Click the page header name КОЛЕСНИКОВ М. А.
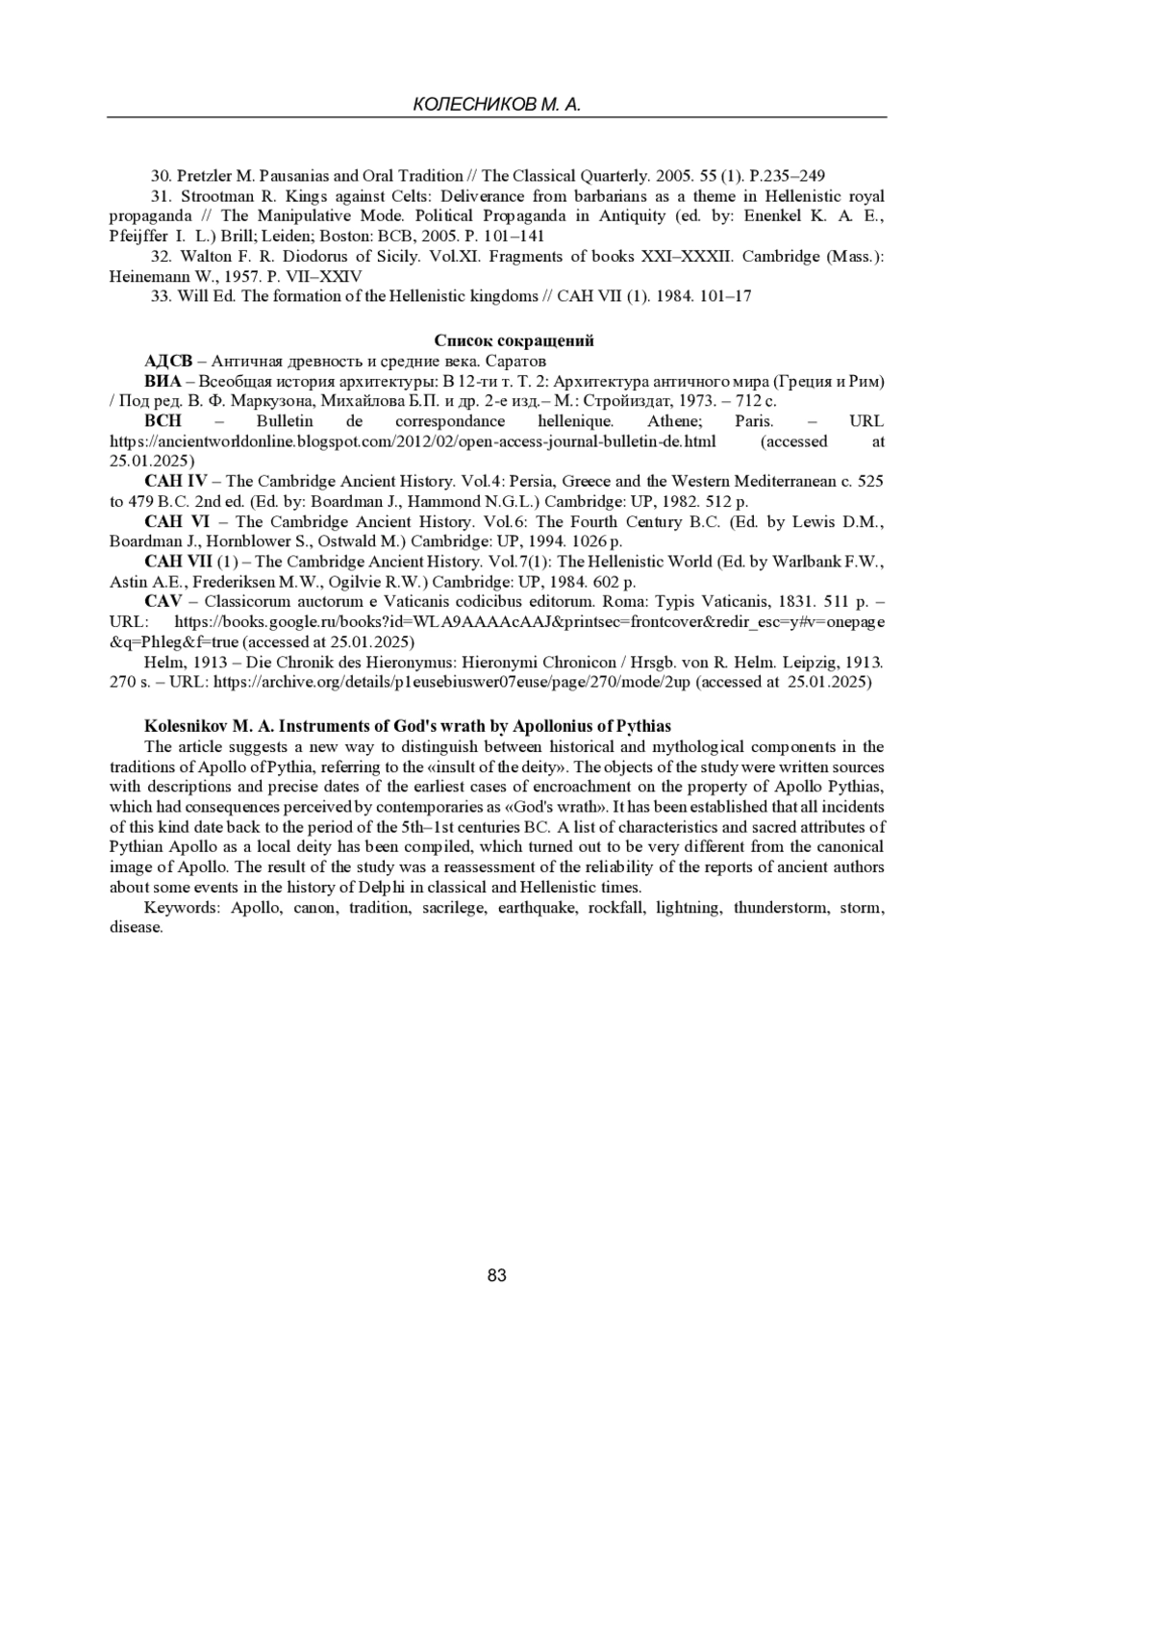tap(496, 105)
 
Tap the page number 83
tap(497, 1276)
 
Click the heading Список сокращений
tap(514, 340)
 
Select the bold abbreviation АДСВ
tap(168, 361)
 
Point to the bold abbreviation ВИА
tap(163, 381)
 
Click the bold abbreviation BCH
tap(163, 421)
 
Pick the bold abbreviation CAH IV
tap(175, 481)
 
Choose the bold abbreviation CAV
tap(163, 601)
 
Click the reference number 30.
tap(161, 176)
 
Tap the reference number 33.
tap(161, 296)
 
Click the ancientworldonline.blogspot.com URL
tap(413, 441)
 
